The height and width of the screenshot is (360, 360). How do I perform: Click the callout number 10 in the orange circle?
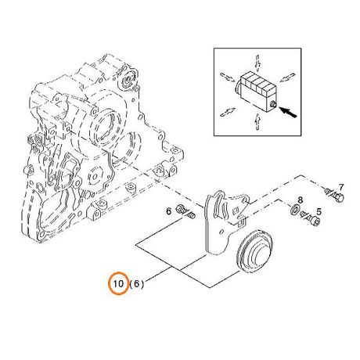pos(118,283)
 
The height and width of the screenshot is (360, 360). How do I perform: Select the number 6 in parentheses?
pos(136,283)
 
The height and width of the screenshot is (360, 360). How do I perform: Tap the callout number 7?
pos(341,187)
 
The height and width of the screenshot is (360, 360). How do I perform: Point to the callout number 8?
pos(301,200)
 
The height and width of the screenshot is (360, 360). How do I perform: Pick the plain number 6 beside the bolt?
pos(169,211)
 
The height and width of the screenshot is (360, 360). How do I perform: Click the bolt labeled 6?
pos(185,211)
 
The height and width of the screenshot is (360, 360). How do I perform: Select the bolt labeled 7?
pos(334,195)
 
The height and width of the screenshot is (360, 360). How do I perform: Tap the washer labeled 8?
pos(295,210)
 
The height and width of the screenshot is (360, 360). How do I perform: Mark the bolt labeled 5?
pos(311,218)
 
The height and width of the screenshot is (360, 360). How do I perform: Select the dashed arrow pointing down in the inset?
pos(257,63)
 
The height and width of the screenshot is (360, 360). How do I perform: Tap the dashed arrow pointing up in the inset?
pos(257,122)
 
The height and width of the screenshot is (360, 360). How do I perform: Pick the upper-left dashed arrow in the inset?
pos(228,77)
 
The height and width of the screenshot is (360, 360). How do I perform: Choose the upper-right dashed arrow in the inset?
pos(286,77)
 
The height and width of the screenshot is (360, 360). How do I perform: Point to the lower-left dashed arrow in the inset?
pos(228,112)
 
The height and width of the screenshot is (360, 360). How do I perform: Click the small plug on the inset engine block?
pos(273,105)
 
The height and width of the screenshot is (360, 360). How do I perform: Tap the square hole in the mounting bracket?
pos(236,211)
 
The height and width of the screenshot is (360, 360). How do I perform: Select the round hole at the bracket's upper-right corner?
pos(245,201)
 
